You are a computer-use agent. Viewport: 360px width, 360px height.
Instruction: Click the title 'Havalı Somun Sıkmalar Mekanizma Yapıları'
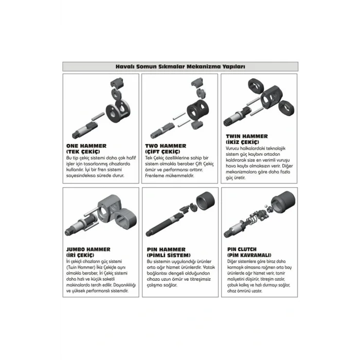tap(180, 66)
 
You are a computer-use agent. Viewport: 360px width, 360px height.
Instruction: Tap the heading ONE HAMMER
tap(86, 146)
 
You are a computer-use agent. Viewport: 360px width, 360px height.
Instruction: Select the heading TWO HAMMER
tap(166, 146)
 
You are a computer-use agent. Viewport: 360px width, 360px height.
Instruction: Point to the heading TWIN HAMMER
tap(247, 136)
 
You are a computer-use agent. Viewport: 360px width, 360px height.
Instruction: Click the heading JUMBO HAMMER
tap(88, 249)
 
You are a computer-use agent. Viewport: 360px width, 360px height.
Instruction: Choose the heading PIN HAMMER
tap(166, 249)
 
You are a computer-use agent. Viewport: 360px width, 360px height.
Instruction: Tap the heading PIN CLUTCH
tap(242, 249)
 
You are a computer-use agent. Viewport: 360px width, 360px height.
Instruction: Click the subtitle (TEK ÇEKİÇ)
tap(83, 152)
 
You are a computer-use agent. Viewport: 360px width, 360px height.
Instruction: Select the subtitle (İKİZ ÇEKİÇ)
tap(242, 142)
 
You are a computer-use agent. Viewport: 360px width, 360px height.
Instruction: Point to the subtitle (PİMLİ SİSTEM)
tap(169, 255)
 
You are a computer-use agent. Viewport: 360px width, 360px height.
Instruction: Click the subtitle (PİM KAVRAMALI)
tap(249, 255)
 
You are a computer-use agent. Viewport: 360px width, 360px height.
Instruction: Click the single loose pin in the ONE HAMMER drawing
tap(98, 116)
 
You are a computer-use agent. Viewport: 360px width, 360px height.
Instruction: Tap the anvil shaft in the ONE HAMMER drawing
tap(85, 130)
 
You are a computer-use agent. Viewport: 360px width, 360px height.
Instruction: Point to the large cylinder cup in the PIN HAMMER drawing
tap(206, 201)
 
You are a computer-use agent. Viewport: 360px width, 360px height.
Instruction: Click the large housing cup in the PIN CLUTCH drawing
tap(283, 202)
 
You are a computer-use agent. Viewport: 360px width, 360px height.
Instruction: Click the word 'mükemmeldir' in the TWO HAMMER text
tap(178, 176)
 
